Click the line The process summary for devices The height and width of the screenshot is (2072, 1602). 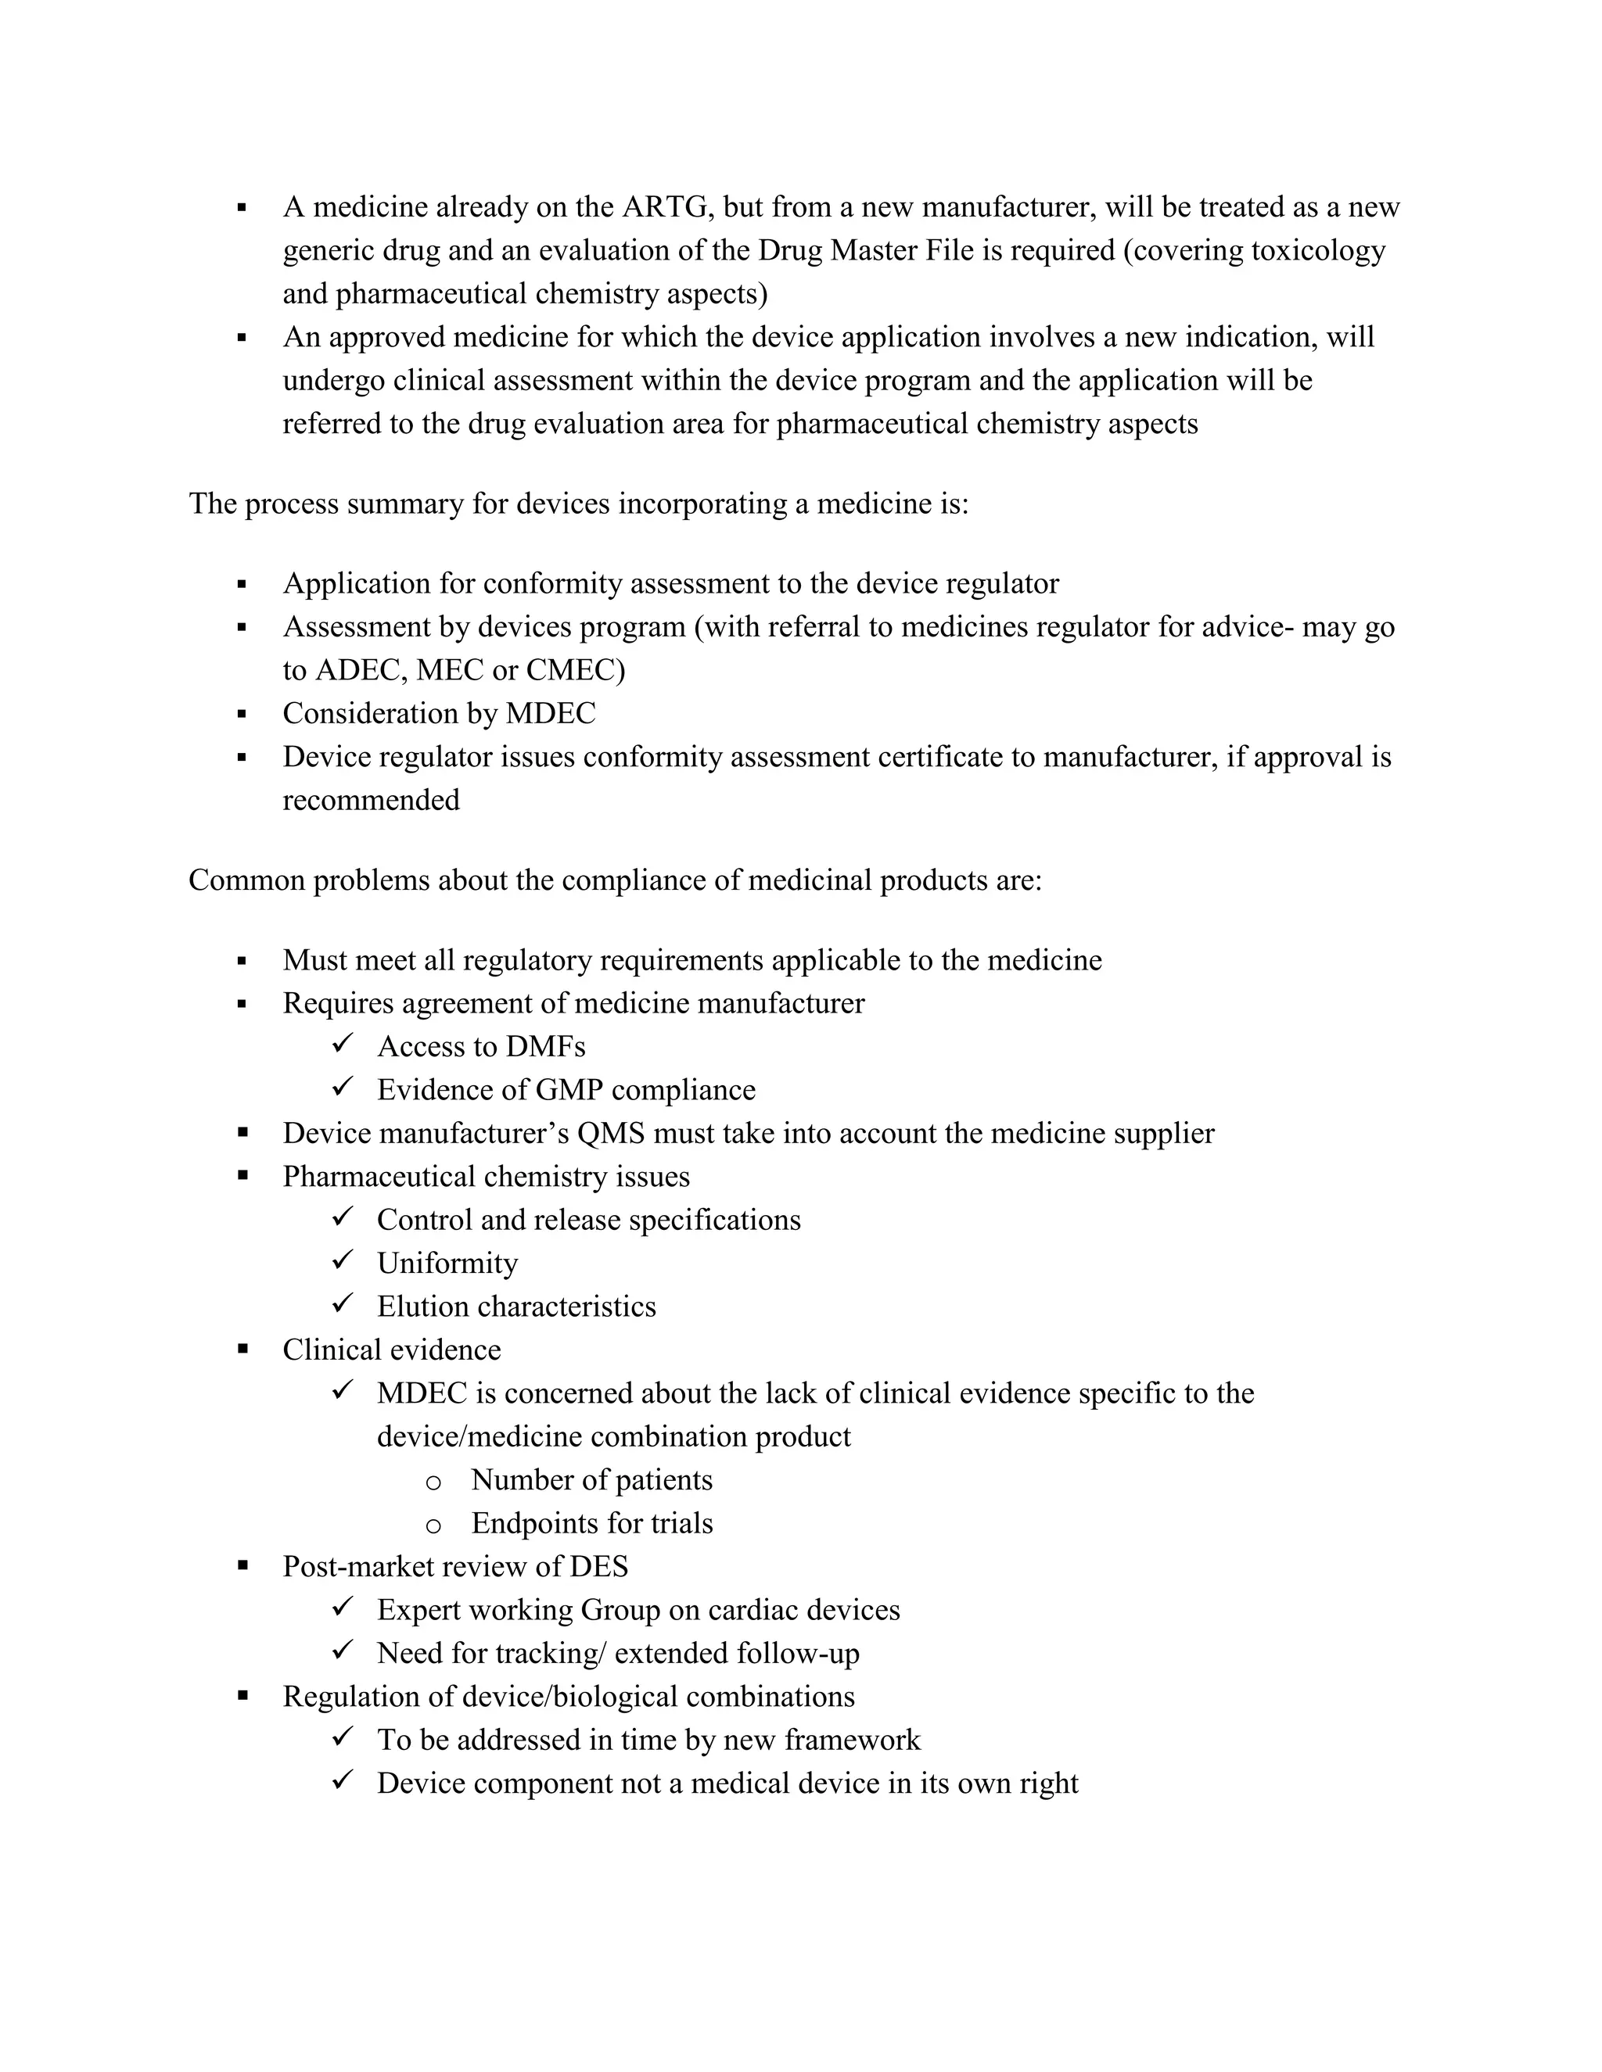coord(578,503)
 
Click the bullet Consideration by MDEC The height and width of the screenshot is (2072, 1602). coord(439,713)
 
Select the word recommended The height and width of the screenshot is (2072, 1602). coord(371,800)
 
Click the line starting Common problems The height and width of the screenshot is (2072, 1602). coord(615,880)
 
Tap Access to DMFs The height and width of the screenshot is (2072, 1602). coord(481,1046)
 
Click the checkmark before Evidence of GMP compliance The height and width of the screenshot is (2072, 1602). coord(343,1086)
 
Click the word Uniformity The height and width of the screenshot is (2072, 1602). coord(447,1263)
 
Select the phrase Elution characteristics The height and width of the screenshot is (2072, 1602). coord(516,1307)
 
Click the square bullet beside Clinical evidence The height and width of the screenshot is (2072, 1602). coord(243,1348)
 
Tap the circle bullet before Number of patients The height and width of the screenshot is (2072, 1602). coord(433,1482)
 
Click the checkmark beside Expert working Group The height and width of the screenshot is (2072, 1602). coord(343,1606)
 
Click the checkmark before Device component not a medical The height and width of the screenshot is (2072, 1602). coord(343,1780)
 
